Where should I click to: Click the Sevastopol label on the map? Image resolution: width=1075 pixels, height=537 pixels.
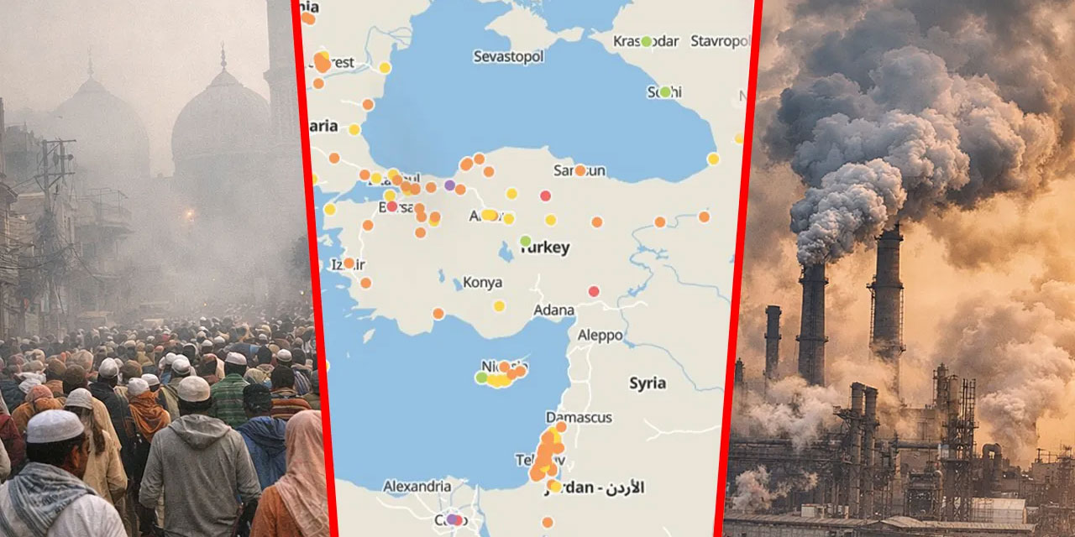[x=508, y=56]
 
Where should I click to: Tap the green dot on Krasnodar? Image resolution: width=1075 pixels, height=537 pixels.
[x=646, y=41]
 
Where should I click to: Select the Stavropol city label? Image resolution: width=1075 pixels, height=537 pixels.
[x=720, y=40]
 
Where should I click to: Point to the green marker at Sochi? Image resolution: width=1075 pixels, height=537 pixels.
[x=665, y=91]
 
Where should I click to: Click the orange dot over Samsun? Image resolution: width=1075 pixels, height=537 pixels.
[x=579, y=170]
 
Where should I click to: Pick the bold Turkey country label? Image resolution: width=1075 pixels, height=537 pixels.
[x=545, y=248]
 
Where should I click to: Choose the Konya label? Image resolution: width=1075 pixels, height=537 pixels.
[x=483, y=283]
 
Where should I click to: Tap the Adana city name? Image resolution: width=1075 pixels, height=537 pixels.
[x=554, y=310]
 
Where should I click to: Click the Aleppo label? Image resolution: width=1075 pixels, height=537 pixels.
[x=600, y=335]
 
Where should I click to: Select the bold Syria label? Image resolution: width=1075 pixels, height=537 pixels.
[x=648, y=383]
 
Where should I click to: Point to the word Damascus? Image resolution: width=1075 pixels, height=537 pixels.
[x=579, y=417]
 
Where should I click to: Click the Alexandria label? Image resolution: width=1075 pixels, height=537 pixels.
[x=417, y=486]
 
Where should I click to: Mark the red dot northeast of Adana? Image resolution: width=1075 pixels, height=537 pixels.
[x=594, y=291]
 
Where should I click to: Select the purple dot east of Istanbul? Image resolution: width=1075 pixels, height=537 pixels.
[x=449, y=185]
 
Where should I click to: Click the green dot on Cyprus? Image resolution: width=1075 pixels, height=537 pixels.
[x=481, y=378]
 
